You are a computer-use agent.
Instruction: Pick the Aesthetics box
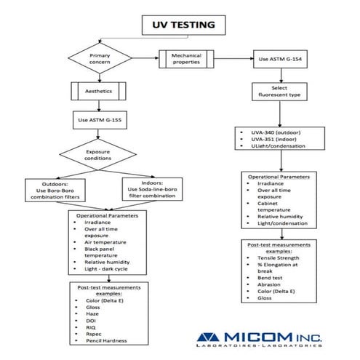click(100, 92)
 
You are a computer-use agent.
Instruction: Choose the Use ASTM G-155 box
click(100, 119)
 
